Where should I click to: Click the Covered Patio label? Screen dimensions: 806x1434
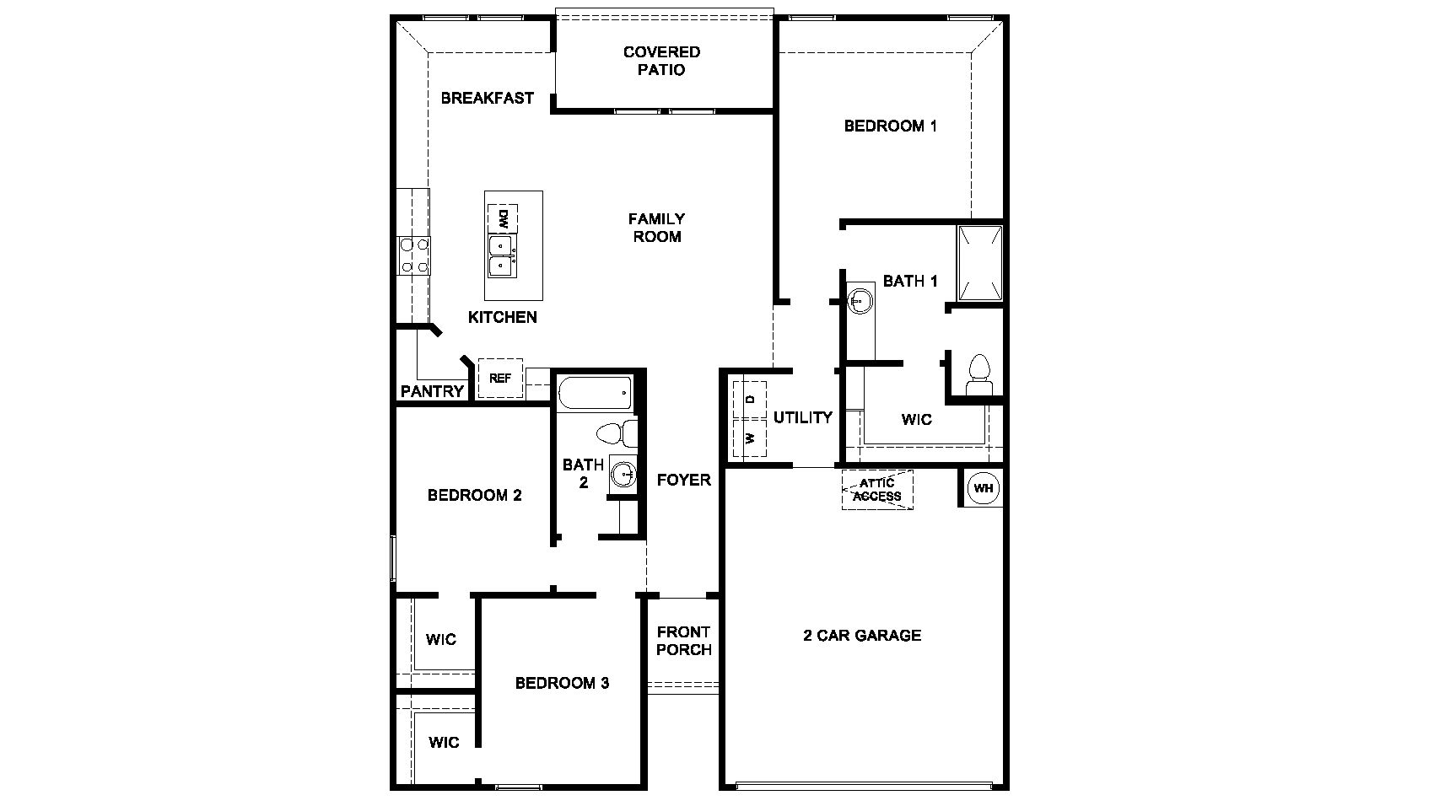coord(661,61)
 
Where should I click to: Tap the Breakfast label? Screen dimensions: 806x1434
coord(487,98)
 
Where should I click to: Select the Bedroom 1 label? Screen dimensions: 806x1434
coord(890,126)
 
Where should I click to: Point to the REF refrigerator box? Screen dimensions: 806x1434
coord(500,378)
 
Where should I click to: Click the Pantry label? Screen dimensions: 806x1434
coord(432,391)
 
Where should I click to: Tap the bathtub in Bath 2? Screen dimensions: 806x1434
coord(594,392)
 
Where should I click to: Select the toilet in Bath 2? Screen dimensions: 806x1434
coord(617,434)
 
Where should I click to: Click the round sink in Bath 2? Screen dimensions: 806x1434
coord(624,474)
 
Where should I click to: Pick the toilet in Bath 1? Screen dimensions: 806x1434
coord(978,376)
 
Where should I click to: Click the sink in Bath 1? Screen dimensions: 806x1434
coord(860,299)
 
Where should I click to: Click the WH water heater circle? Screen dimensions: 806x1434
coord(983,488)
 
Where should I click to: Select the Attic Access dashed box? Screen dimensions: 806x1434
coord(877,490)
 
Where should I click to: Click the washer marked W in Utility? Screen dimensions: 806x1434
coord(749,438)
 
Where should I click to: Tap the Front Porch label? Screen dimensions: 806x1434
coord(683,641)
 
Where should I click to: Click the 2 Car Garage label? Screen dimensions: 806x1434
coord(861,636)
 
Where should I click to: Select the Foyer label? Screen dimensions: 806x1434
coord(683,480)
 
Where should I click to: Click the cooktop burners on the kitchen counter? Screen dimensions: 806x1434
coord(413,255)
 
